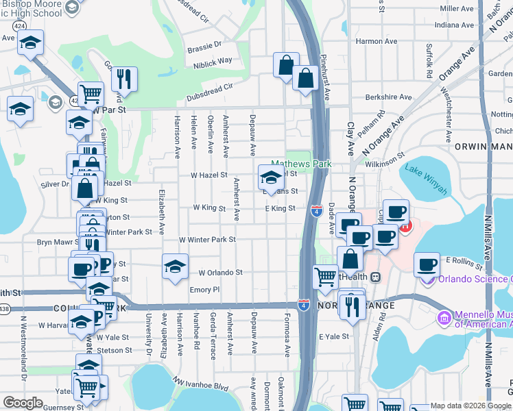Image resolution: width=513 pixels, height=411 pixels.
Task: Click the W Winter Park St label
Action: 207,240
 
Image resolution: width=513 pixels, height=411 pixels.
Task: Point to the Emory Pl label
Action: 204,290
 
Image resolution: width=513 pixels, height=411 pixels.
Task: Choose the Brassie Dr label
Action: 204,43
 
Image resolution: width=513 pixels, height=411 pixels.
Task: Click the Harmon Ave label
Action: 377,41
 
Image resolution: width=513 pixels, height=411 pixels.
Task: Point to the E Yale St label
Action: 334,336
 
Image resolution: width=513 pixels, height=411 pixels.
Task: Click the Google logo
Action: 23,403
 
